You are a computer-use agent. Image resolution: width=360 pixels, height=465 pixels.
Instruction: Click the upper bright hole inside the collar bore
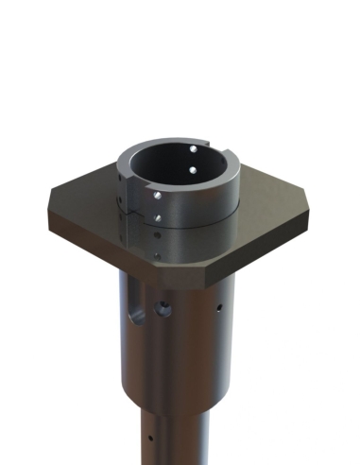coord(193,149)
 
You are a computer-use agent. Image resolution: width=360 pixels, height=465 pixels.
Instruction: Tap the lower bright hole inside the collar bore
coord(192,170)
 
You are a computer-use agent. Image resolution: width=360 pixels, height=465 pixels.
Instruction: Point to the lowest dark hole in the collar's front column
coord(157,253)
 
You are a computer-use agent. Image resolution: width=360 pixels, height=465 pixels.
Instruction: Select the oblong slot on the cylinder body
coord(138,308)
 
